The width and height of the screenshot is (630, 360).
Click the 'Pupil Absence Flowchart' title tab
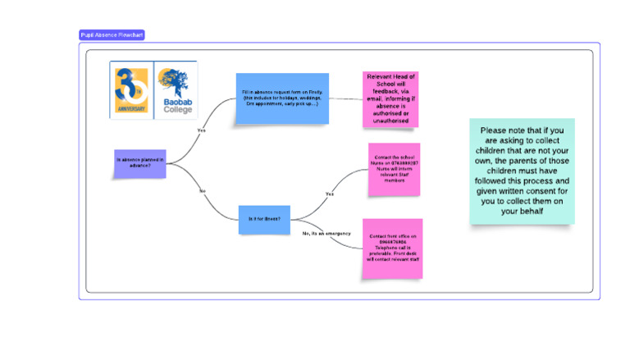pyautogui.click(x=112, y=35)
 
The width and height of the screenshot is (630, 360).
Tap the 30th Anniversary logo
pyautogui.click(x=131, y=89)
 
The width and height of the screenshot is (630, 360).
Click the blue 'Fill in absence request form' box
pyautogui.click(x=282, y=98)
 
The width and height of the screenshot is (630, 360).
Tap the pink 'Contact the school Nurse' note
pyautogui.click(x=394, y=170)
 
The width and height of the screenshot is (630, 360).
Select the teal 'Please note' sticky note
pyautogui.click(x=522, y=171)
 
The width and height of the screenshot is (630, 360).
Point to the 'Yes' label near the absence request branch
pyautogui.click(x=201, y=130)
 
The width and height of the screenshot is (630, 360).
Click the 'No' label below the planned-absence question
pyautogui.click(x=201, y=191)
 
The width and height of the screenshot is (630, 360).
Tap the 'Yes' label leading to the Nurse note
pyautogui.click(x=330, y=194)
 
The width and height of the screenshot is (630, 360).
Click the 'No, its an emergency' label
pyautogui.click(x=326, y=234)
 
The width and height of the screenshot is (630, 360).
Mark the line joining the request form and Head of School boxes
pyautogui.click(x=345, y=99)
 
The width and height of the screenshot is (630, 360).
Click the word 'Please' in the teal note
pyautogui.click(x=494, y=130)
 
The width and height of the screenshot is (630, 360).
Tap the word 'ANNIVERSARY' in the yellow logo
pyautogui.click(x=131, y=108)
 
